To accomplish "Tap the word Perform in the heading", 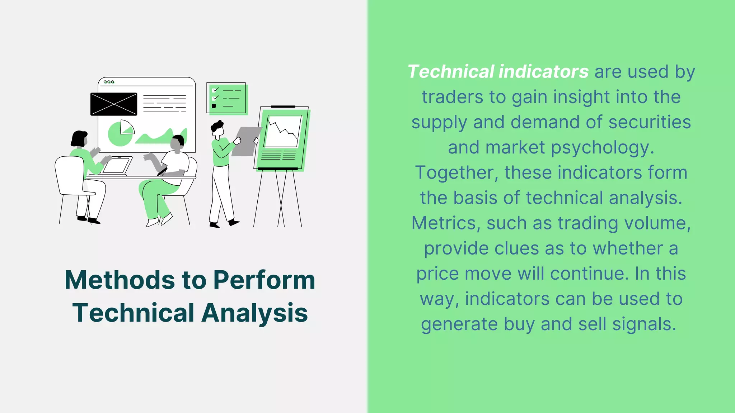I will (264, 280).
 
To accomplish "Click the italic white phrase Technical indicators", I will (498, 72).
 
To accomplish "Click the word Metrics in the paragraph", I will (444, 223).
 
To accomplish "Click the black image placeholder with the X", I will (114, 104).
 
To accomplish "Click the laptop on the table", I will (116, 166).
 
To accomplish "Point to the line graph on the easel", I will (283, 131).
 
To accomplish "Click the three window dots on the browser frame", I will (109, 82).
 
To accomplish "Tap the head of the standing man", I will (217, 129).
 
